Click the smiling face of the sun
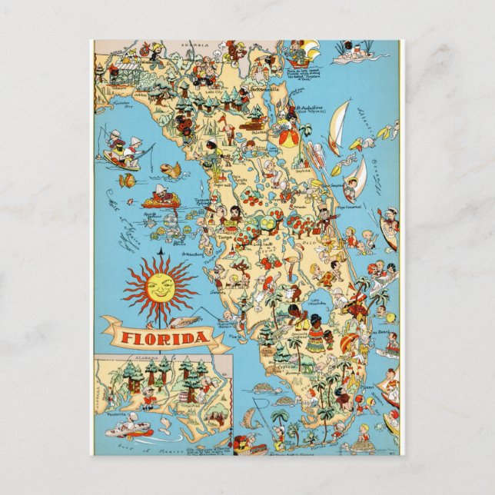[160, 287]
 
